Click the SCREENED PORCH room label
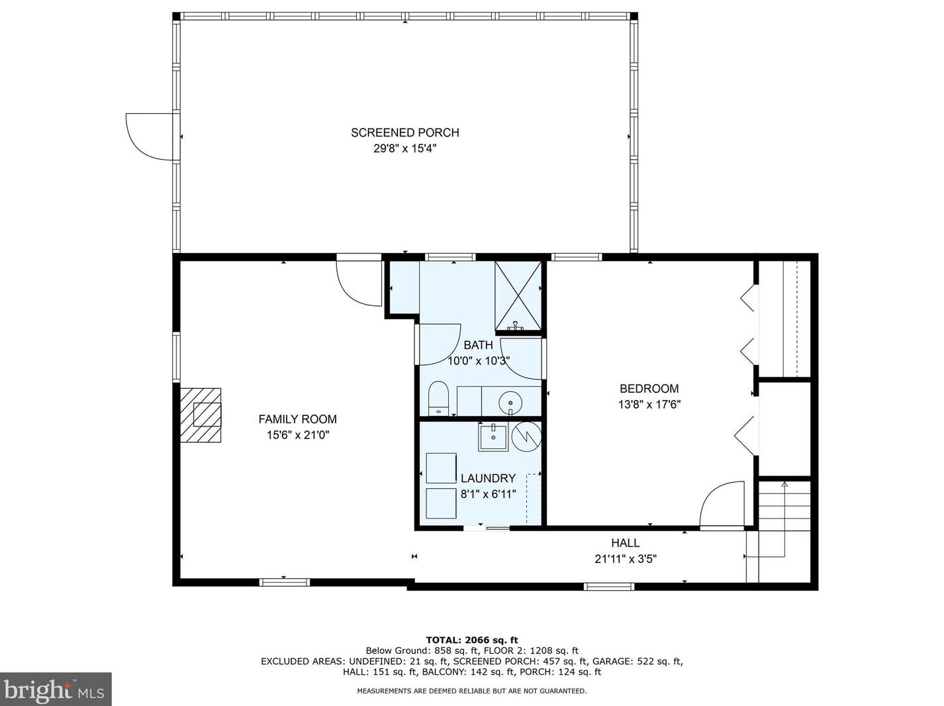404,132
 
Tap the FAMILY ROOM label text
298,419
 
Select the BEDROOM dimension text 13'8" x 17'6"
649,405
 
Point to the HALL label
626,542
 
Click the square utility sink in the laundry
493,437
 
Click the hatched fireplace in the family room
201,415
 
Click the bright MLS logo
56,689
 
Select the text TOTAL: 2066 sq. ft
472,640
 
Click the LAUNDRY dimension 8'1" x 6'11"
488,494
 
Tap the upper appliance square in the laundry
442,468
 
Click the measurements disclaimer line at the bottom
472,691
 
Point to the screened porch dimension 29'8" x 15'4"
404,148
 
